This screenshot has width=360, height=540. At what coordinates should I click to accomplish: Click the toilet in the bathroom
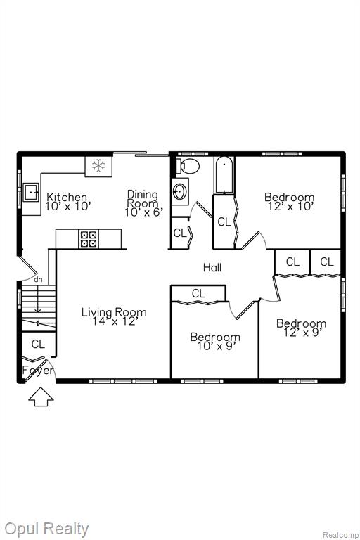coord(188,166)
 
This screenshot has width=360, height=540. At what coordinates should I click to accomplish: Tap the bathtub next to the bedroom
coord(224,175)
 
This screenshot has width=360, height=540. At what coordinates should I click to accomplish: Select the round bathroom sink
coord(180,191)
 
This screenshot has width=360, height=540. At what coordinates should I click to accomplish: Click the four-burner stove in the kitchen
coord(88,239)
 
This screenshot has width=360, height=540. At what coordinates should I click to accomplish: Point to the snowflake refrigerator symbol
coord(98,166)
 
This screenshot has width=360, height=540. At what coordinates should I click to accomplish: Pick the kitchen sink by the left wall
coord(31,192)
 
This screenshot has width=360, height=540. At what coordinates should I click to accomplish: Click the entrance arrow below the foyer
coord(41,397)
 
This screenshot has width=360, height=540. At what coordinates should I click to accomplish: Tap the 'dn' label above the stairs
coord(38,280)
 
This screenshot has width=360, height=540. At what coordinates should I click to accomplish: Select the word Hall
coord(212,268)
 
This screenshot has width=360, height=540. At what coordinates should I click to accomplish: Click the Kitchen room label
coord(67,198)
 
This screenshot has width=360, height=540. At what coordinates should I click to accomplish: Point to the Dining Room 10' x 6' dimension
coord(143,212)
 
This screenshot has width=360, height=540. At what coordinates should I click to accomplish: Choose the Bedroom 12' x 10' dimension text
coord(291,206)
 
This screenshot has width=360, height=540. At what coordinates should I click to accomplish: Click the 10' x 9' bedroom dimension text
coord(216,346)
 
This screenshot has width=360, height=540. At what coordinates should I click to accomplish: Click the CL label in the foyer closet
coord(38,344)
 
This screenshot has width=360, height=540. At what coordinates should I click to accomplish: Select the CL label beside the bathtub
coord(224,222)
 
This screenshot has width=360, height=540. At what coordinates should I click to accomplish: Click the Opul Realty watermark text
coord(46,529)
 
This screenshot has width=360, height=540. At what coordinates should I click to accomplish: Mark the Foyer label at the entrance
coord(38,371)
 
